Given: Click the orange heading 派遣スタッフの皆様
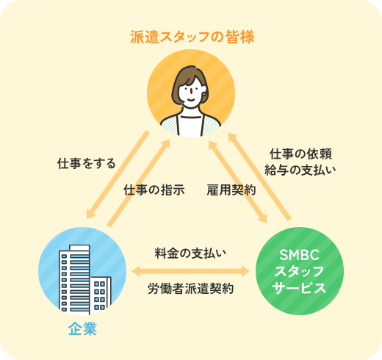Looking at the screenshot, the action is pyautogui.click(x=192, y=37).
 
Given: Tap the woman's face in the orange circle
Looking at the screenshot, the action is pyautogui.click(x=191, y=92).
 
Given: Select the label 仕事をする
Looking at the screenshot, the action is pyautogui.click(x=86, y=163).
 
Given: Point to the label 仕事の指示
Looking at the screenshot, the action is pyautogui.click(x=154, y=190).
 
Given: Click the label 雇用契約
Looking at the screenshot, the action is pyautogui.click(x=231, y=190).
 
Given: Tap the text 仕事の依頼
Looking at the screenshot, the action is pyautogui.click(x=300, y=154).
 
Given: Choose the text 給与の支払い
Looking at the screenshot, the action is pyautogui.click(x=300, y=170).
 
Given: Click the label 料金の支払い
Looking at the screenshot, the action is pyautogui.click(x=190, y=253).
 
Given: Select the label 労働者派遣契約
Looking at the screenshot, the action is pyautogui.click(x=190, y=289).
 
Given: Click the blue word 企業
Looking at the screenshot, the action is pyautogui.click(x=82, y=328).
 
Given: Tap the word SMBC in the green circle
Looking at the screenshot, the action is pyautogui.click(x=300, y=255).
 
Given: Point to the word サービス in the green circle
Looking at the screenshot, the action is pyautogui.click(x=299, y=288).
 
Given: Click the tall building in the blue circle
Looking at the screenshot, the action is pyautogui.click(x=75, y=280).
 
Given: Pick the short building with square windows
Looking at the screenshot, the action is pyautogui.click(x=101, y=295).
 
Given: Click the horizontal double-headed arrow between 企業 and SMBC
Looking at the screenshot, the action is pyautogui.click(x=190, y=271).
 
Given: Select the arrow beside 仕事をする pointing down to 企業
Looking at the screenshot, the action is pyautogui.click(x=118, y=175).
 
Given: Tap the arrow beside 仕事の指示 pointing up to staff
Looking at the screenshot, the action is pyautogui.click(x=139, y=183).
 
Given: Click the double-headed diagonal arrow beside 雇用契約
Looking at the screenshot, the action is pyautogui.click(x=237, y=181).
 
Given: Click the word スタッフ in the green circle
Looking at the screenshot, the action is pyautogui.click(x=299, y=271).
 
